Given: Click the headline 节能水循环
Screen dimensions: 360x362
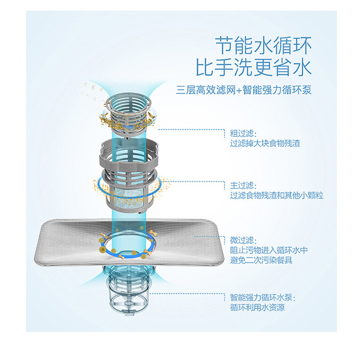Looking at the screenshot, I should pyautogui.click(x=263, y=46).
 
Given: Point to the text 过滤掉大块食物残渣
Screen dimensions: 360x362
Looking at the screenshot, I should pyautogui.click(x=265, y=144).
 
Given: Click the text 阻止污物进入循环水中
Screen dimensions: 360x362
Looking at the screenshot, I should pyautogui.click(x=269, y=250).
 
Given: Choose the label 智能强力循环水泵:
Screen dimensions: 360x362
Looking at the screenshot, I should pyautogui.click(x=263, y=297).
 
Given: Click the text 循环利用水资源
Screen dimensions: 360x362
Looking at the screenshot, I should pyautogui.click(x=257, y=307).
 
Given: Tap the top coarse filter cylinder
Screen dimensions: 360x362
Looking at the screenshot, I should pyautogui.click(x=128, y=112).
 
